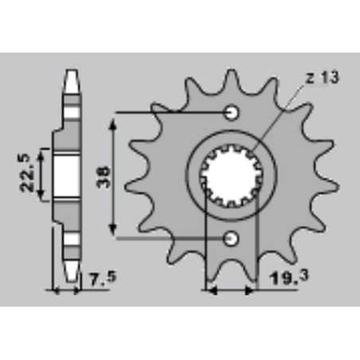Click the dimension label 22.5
coord(27,173)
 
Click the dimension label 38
coord(104,177)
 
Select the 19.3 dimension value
coord(289,277)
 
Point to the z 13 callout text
coord(323,78)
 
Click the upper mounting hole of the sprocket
coord(232,113)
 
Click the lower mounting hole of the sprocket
coord(231,238)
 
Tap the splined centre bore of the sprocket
coord(231,176)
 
